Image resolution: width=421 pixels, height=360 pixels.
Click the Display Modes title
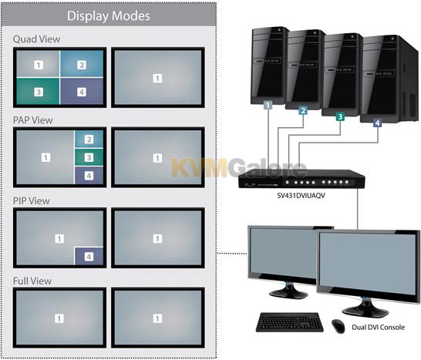pyautogui.click(x=109, y=16)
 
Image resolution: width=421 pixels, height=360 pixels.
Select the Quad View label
pyautogui.click(x=36, y=39)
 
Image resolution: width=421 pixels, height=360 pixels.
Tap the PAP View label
pyautogui.click(x=32, y=120)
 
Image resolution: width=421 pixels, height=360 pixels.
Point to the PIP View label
pyautogui.click(x=32, y=200)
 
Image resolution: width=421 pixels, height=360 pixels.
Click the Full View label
pyautogui.click(x=32, y=281)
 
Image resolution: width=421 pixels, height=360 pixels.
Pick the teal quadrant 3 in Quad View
pyautogui.click(x=38, y=91)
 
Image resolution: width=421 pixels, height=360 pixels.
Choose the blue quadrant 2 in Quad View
pyautogui.click(x=82, y=64)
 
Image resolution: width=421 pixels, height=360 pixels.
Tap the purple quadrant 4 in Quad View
pyautogui.click(x=82, y=91)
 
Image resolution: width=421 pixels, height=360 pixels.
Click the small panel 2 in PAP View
pyautogui.click(x=89, y=139)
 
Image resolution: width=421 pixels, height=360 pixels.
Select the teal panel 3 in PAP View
pyautogui.click(x=89, y=157)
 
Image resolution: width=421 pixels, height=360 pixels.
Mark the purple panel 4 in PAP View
pyautogui.click(x=89, y=176)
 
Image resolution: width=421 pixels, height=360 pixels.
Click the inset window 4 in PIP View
pyautogui.click(x=89, y=256)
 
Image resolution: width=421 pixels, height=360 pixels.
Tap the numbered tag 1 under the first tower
pyautogui.click(x=268, y=105)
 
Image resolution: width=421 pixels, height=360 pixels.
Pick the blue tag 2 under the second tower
pyautogui.click(x=303, y=110)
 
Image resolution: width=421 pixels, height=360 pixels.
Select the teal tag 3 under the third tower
pyautogui.click(x=340, y=116)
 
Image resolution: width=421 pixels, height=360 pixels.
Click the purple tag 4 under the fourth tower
pyautogui.click(x=378, y=123)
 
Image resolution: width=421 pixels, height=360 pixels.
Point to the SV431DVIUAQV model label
pyautogui.click(x=301, y=196)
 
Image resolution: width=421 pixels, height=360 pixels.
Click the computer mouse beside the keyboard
pyautogui.click(x=338, y=326)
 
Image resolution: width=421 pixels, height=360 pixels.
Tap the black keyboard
pyautogui.click(x=290, y=322)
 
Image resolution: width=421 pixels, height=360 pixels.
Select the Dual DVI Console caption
pyautogui.click(x=378, y=328)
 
